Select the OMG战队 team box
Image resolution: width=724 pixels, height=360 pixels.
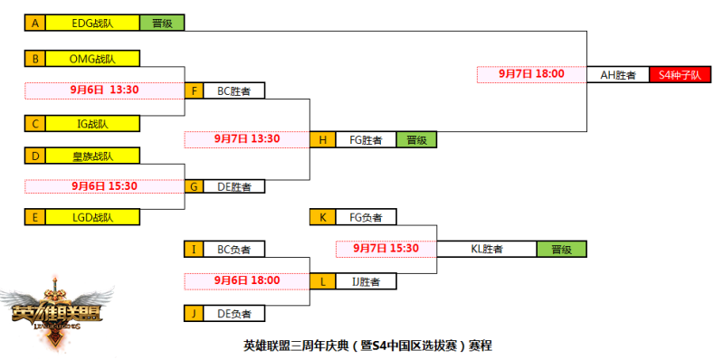[92, 60]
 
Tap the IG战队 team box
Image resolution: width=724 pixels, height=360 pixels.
[92, 123]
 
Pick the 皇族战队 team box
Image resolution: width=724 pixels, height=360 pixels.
[92, 156]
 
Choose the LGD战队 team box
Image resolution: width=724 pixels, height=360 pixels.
[92, 217]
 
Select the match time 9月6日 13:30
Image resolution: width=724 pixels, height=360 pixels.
[103, 90]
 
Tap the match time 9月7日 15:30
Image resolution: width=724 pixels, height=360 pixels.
[386, 248]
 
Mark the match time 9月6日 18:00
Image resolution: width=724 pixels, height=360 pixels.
[246, 280]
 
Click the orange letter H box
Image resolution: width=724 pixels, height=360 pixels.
[321, 140]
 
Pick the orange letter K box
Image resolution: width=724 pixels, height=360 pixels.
[321, 217]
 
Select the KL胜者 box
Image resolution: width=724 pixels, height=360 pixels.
[487, 249]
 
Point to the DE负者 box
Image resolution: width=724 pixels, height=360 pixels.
[234, 314]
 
